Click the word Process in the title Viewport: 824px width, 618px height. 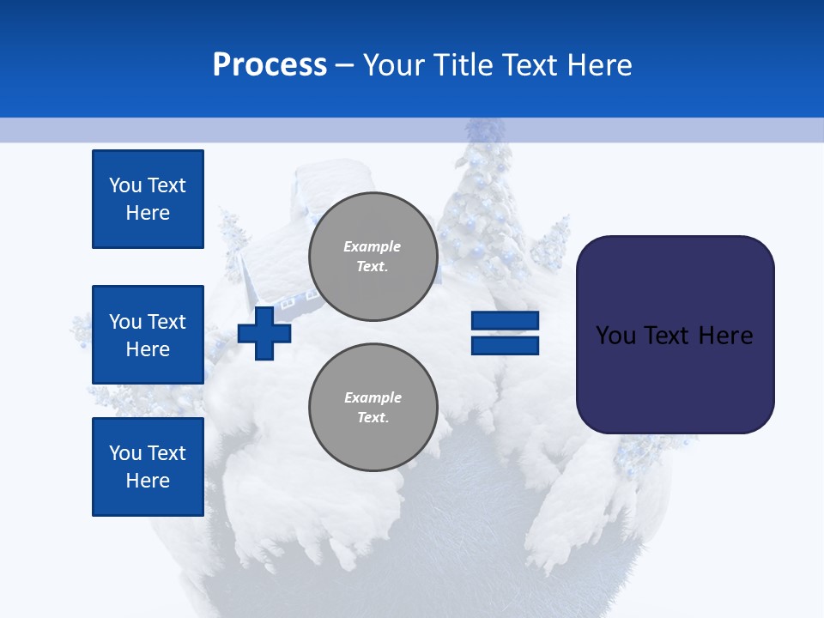(x=270, y=65)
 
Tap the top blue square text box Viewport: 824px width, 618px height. (x=148, y=199)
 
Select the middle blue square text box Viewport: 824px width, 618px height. (x=148, y=335)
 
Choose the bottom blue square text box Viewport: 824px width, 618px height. (x=148, y=467)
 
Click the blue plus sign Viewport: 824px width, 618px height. (x=264, y=333)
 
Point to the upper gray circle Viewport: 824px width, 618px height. (x=373, y=257)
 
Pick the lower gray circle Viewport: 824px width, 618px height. (x=373, y=408)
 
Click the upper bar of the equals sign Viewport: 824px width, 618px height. (x=505, y=321)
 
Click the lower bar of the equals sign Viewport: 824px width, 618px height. (x=505, y=345)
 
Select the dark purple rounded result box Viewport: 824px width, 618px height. (x=675, y=335)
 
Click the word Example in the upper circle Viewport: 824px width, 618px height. (x=373, y=246)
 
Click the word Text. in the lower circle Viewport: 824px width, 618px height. (x=373, y=418)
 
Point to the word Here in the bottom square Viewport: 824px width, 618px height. (x=148, y=481)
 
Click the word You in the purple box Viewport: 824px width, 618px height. (x=615, y=335)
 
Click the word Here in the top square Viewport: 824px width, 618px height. (x=148, y=213)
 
